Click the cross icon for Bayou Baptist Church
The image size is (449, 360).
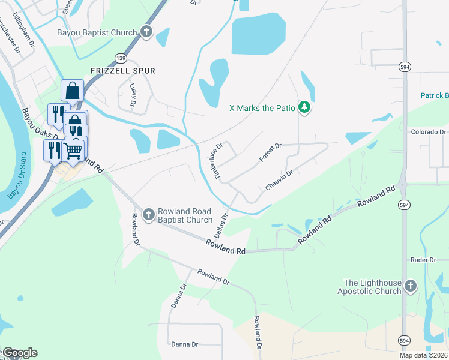pyautogui.click(x=146, y=31)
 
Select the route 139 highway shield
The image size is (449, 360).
pyautogui.click(x=121, y=58)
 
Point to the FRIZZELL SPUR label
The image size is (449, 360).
pyautogui.click(x=122, y=71)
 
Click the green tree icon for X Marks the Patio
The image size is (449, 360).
pyautogui.click(x=306, y=107)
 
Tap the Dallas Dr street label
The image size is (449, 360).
pyautogui.click(x=221, y=224)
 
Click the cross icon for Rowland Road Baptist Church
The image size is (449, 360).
pyautogui.click(x=148, y=214)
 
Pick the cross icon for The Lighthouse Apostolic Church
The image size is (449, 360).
pyautogui.click(x=411, y=286)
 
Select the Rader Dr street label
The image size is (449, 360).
pyautogui.click(x=423, y=259)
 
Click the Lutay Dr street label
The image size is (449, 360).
pyautogui.click(x=133, y=92)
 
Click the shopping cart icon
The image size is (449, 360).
pyautogui.click(x=73, y=150)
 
